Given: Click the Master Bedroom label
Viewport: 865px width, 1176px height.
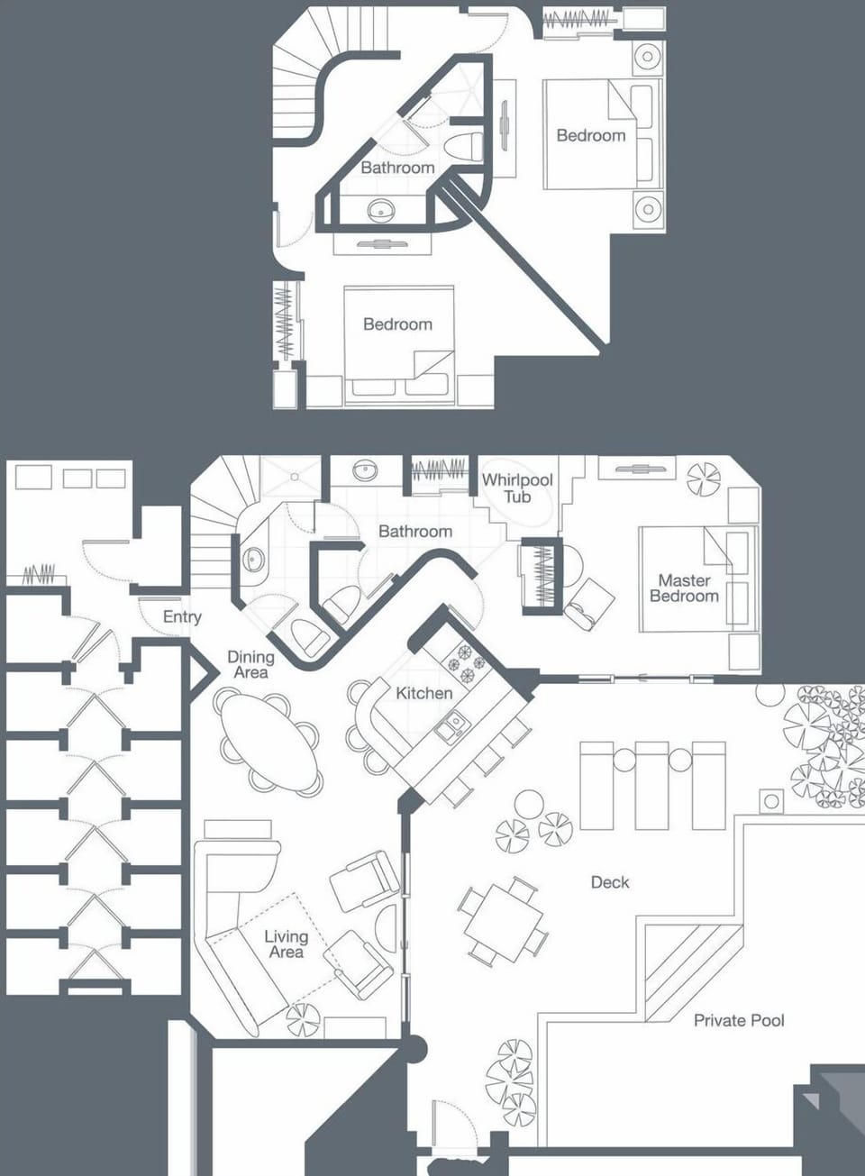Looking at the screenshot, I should point(684,588).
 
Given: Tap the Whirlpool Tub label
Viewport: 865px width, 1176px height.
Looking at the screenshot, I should point(517,488).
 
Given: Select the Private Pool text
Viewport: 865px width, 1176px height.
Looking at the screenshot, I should point(739,1020).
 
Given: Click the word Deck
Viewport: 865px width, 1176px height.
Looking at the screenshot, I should point(610,882).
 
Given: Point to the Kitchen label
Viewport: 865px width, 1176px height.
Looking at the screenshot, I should point(423,693).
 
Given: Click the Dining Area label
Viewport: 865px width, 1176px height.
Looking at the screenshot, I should point(250,665).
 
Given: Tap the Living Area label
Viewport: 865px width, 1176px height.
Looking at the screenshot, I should point(286,944).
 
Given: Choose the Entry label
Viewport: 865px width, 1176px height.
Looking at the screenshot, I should point(182,617).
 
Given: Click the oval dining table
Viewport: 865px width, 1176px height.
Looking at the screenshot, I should point(269,741).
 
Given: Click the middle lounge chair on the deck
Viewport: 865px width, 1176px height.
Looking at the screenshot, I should point(652,784).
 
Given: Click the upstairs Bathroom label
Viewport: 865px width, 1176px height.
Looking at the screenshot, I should point(397,168).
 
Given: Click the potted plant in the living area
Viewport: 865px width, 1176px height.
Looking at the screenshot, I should point(303,1020).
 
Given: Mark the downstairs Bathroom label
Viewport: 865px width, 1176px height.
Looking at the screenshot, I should point(414,532).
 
